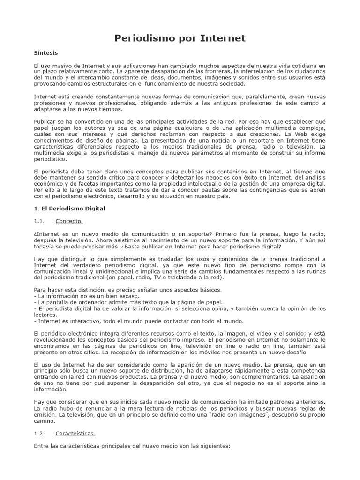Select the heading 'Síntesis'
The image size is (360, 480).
point(46,53)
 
